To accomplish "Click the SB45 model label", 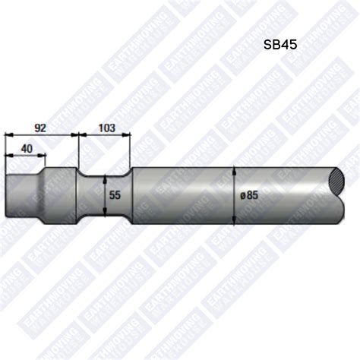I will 279,45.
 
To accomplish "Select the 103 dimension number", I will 106,128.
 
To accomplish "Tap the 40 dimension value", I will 27,149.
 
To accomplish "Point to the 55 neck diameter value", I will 115,194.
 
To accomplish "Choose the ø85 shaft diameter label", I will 249,194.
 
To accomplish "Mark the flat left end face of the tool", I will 6,195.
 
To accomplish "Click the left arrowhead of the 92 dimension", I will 8,136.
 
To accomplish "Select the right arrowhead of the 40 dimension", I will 43,157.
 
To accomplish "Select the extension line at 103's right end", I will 131,148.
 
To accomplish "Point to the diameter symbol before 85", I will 242,194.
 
